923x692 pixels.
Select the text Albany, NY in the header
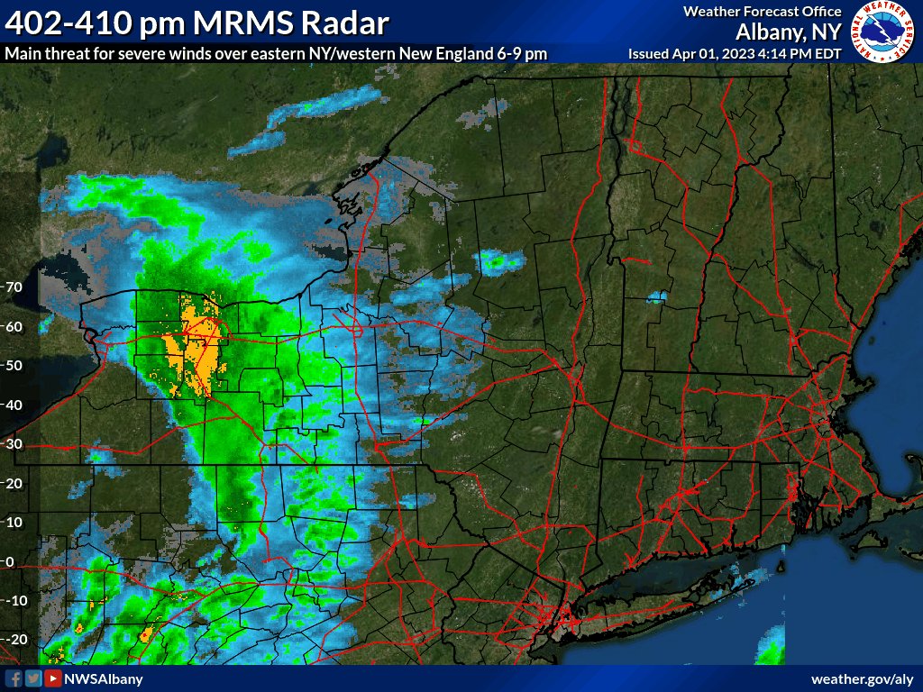tap(789, 32)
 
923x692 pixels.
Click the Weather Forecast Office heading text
tap(762, 12)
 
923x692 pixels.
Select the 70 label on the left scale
tap(13, 287)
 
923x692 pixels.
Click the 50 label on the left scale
tap(13, 365)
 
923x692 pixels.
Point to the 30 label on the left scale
tap(13, 443)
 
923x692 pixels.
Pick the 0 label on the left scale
tap(10, 561)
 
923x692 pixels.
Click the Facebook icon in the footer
tap(14, 678)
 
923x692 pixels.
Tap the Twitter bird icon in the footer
tap(33, 678)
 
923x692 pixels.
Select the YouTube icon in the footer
tap(53, 678)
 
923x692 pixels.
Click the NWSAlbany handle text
tap(103, 678)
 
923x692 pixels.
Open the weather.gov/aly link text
tap(863, 678)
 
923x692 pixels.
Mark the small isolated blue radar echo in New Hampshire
tap(657, 296)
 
